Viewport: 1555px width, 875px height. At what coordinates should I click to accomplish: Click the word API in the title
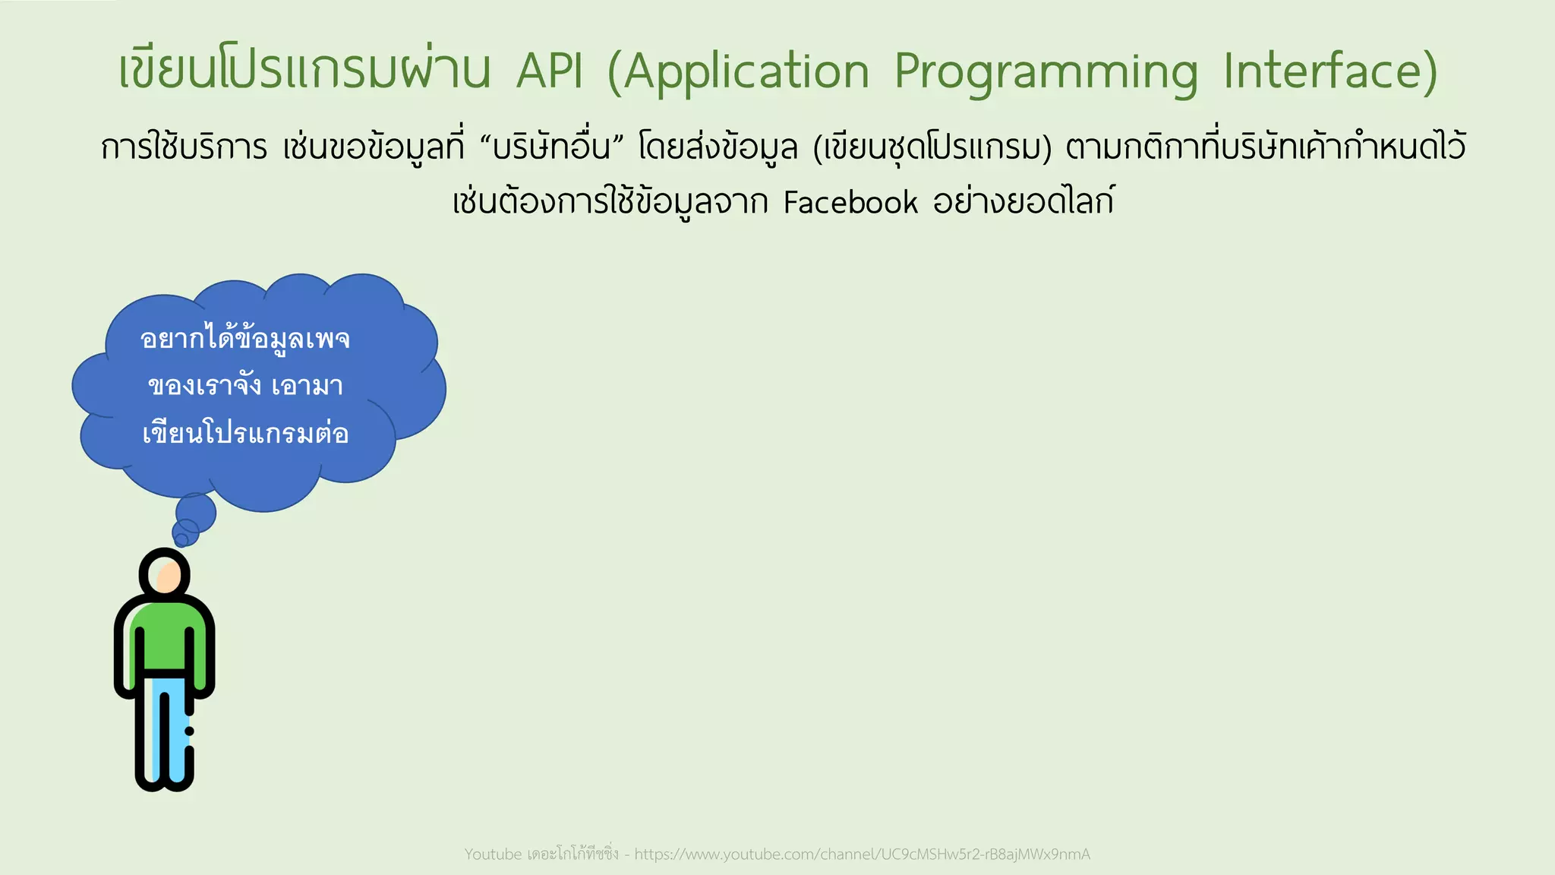(x=550, y=71)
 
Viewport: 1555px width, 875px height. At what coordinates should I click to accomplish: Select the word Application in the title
(x=739, y=73)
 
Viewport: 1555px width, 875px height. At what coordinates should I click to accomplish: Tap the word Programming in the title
(x=1046, y=73)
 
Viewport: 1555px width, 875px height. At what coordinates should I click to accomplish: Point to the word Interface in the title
(x=1330, y=71)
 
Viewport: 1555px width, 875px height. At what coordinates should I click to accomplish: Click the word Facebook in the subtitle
(x=850, y=203)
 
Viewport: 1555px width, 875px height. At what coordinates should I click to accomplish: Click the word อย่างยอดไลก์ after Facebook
(x=1023, y=202)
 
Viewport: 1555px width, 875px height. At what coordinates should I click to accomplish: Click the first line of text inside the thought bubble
(x=244, y=339)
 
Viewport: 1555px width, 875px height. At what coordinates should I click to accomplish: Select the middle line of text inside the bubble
(x=244, y=386)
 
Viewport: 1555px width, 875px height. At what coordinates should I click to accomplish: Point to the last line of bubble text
(x=244, y=434)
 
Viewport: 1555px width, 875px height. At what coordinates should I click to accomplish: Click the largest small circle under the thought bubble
(x=196, y=513)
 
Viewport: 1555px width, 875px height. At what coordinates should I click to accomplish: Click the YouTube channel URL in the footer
(x=862, y=854)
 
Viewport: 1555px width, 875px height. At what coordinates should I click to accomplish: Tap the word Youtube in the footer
(x=493, y=854)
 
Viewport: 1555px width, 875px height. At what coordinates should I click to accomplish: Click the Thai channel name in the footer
(x=573, y=854)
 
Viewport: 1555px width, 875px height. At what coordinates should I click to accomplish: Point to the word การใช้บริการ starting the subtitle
(x=184, y=147)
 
